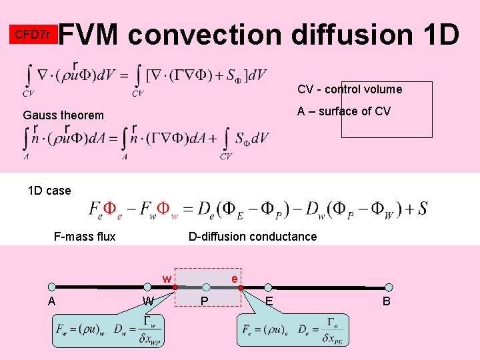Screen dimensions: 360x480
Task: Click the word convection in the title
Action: click(205, 34)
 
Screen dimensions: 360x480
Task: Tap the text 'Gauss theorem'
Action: click(63, 115)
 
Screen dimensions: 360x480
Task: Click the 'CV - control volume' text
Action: click(349, 89)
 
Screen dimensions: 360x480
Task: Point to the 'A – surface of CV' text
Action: click(344, 111)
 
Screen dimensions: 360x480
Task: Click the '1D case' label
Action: click(49, 191)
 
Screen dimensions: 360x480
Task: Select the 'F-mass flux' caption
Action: click(85, 237)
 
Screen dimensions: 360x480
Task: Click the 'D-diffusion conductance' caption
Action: click(253, 237)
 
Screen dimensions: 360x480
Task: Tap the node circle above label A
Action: click(51, 287)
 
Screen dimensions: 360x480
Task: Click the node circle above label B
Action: click(389, 287)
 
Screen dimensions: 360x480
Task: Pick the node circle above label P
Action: click(206, 287)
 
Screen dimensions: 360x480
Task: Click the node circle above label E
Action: click(269, 287)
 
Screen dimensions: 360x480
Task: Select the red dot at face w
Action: click(175, 287)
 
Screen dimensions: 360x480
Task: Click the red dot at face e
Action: click(241, 287)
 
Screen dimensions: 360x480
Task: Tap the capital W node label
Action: click(149, 301)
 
